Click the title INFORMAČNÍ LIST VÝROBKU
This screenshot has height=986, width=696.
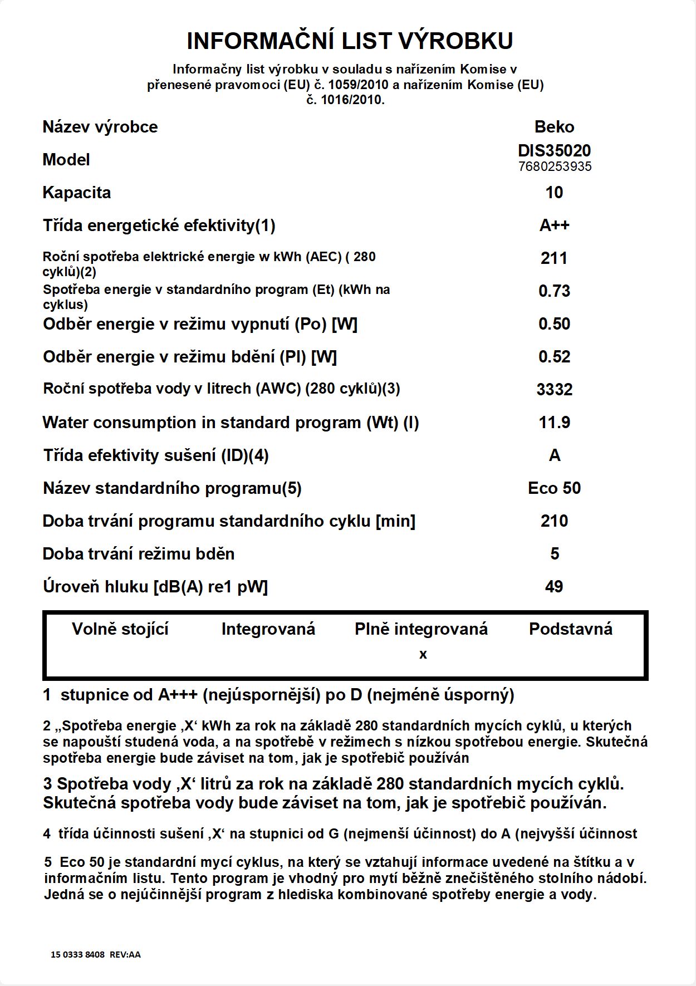pyautogui.click(x=350, y=41)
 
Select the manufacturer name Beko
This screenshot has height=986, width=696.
pyautogui.click(x=554, y=127)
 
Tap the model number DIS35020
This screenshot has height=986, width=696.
pyautogui.click(x=554, y=150)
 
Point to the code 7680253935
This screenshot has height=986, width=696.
pyautogui.click(x=555, y=166)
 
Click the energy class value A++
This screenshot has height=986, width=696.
pyautogui.click(x=554, y=225)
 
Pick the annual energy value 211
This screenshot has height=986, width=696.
pyautogui.click(x=554, y=258)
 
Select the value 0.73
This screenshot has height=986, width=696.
pyautogui.click(x=554, y=291)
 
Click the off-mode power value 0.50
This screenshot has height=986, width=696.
pyautogui.click(x=554, y=324)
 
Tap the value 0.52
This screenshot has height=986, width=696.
pyautogui.click(x=554, y=357)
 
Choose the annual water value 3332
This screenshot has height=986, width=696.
pyautogui.click(x=554, y=390)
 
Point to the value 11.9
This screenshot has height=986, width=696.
pyautogui.click(x=554, y=423)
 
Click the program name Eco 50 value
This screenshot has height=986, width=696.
pyautogui.click(x=554, y=488)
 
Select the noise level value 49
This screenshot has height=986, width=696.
pyautogui.click(x=554, y=587)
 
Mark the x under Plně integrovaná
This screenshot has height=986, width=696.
pyautogui.click(x=423, y=655)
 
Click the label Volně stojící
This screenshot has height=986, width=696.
pyautogui.click(x=120, y=629)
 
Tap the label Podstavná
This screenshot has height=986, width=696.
pyautogui.click(x=570, y=629)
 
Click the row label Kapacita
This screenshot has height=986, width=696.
pyautogui.click(x=77, y=193)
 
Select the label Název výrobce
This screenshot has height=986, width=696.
pyautogui.click(x=100, y=127)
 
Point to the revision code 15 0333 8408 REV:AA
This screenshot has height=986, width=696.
pyautogui.click(x=96, y=954)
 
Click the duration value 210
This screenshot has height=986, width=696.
pyautogui.click(x=554, y=521)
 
